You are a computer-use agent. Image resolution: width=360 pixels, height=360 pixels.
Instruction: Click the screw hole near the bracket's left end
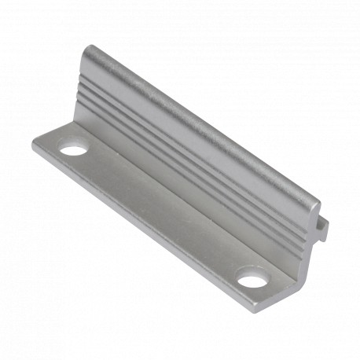coord(74,148)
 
